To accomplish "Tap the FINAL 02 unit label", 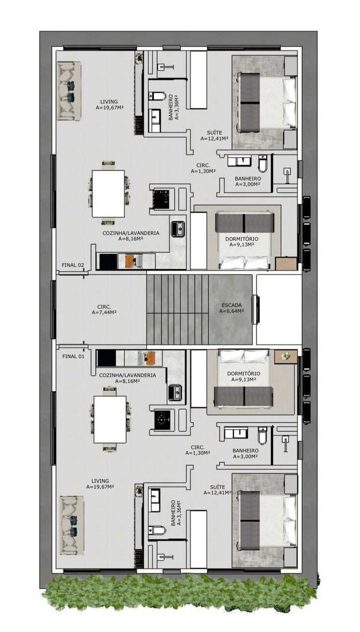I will click(x=73, y=265).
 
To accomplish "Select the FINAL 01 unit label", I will click(x=73, y=356).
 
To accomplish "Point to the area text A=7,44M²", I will click(x=104, y=312).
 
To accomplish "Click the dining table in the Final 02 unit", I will click(x=108, y=194).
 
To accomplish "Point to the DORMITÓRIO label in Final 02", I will click(x=242, y=239).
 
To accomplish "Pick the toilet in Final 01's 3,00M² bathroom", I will click(x=263, y=436).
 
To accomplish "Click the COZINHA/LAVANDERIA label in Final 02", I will click(x=131, y=233).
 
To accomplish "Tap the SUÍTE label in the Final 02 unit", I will click(x=214, y=133).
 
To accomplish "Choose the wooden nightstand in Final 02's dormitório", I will click(x=286, y=263).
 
